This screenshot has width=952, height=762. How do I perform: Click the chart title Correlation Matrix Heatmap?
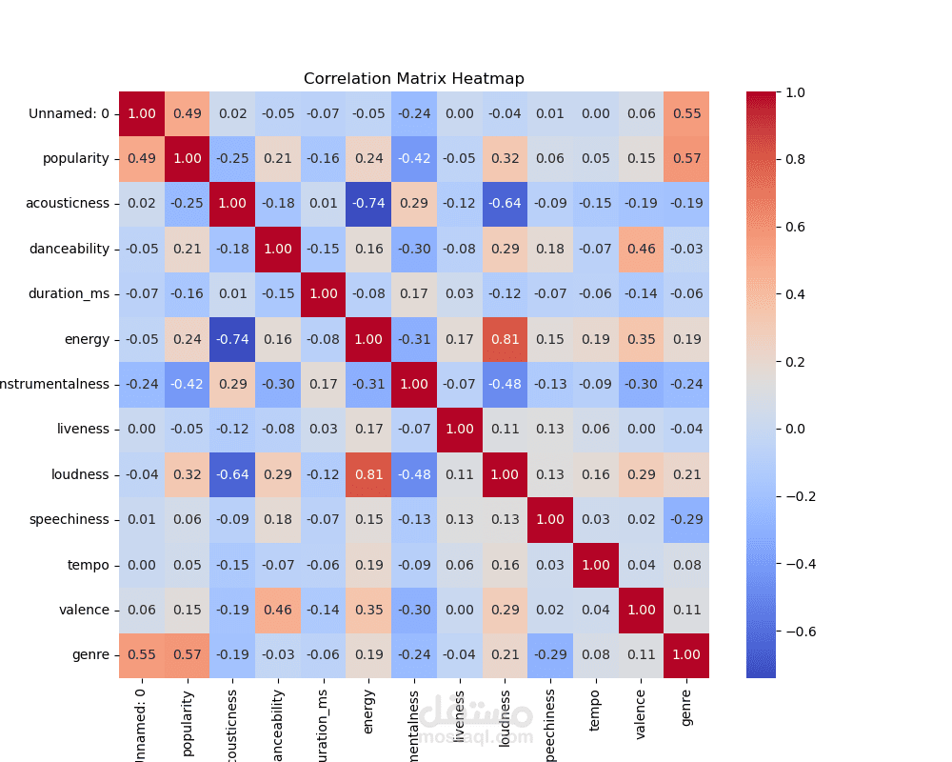pos(413,79)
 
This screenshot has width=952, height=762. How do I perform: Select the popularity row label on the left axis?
pos(76,159)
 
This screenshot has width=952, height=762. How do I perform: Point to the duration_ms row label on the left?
pos(69,294)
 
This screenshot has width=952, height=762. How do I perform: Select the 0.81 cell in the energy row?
pos(505,339)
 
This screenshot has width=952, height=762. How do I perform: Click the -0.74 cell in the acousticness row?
pos(368,204)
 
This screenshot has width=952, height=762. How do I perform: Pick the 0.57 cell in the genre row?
pos(187,655)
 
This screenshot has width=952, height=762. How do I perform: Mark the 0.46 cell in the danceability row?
pos(641,249)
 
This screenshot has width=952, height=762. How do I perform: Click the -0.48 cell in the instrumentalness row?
pos(505,385)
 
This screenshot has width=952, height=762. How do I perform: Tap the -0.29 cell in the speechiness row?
pos(686,520)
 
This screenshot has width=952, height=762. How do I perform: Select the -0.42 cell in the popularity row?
pos(414,159)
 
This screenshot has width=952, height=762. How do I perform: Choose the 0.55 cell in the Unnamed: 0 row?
pos(686,113)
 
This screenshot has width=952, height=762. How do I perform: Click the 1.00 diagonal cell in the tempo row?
pos(596,565)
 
